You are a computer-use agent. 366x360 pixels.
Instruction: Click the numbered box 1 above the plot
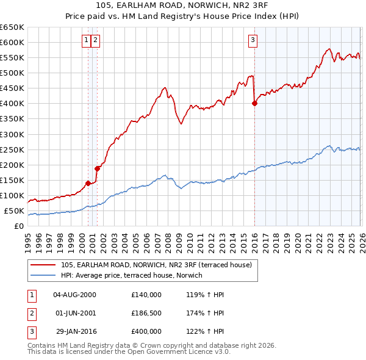click(87, 41)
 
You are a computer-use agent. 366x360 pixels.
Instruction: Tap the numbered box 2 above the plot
click(96, 41)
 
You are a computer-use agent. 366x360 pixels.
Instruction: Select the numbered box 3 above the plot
click(252, 41)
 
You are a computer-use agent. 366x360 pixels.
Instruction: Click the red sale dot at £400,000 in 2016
click(254, 103)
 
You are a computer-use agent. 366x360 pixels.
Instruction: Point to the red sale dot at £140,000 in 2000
click(88, 183)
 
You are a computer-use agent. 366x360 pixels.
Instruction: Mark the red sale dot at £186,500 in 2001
click(97, 168)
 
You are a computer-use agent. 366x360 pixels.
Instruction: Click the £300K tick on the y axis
click(12, 134)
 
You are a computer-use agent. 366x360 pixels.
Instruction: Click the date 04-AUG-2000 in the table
click(74, 295)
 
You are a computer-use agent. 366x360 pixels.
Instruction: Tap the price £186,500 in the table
click(146, 313)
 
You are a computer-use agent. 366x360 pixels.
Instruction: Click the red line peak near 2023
click(328, 49)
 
